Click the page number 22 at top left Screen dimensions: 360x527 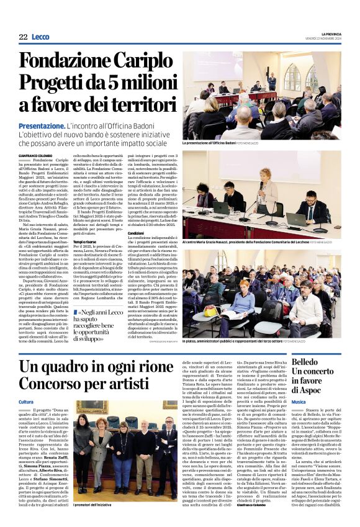[23, 37]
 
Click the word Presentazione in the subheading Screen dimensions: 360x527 [42, 125]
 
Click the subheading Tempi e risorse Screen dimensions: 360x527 [85, 241]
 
